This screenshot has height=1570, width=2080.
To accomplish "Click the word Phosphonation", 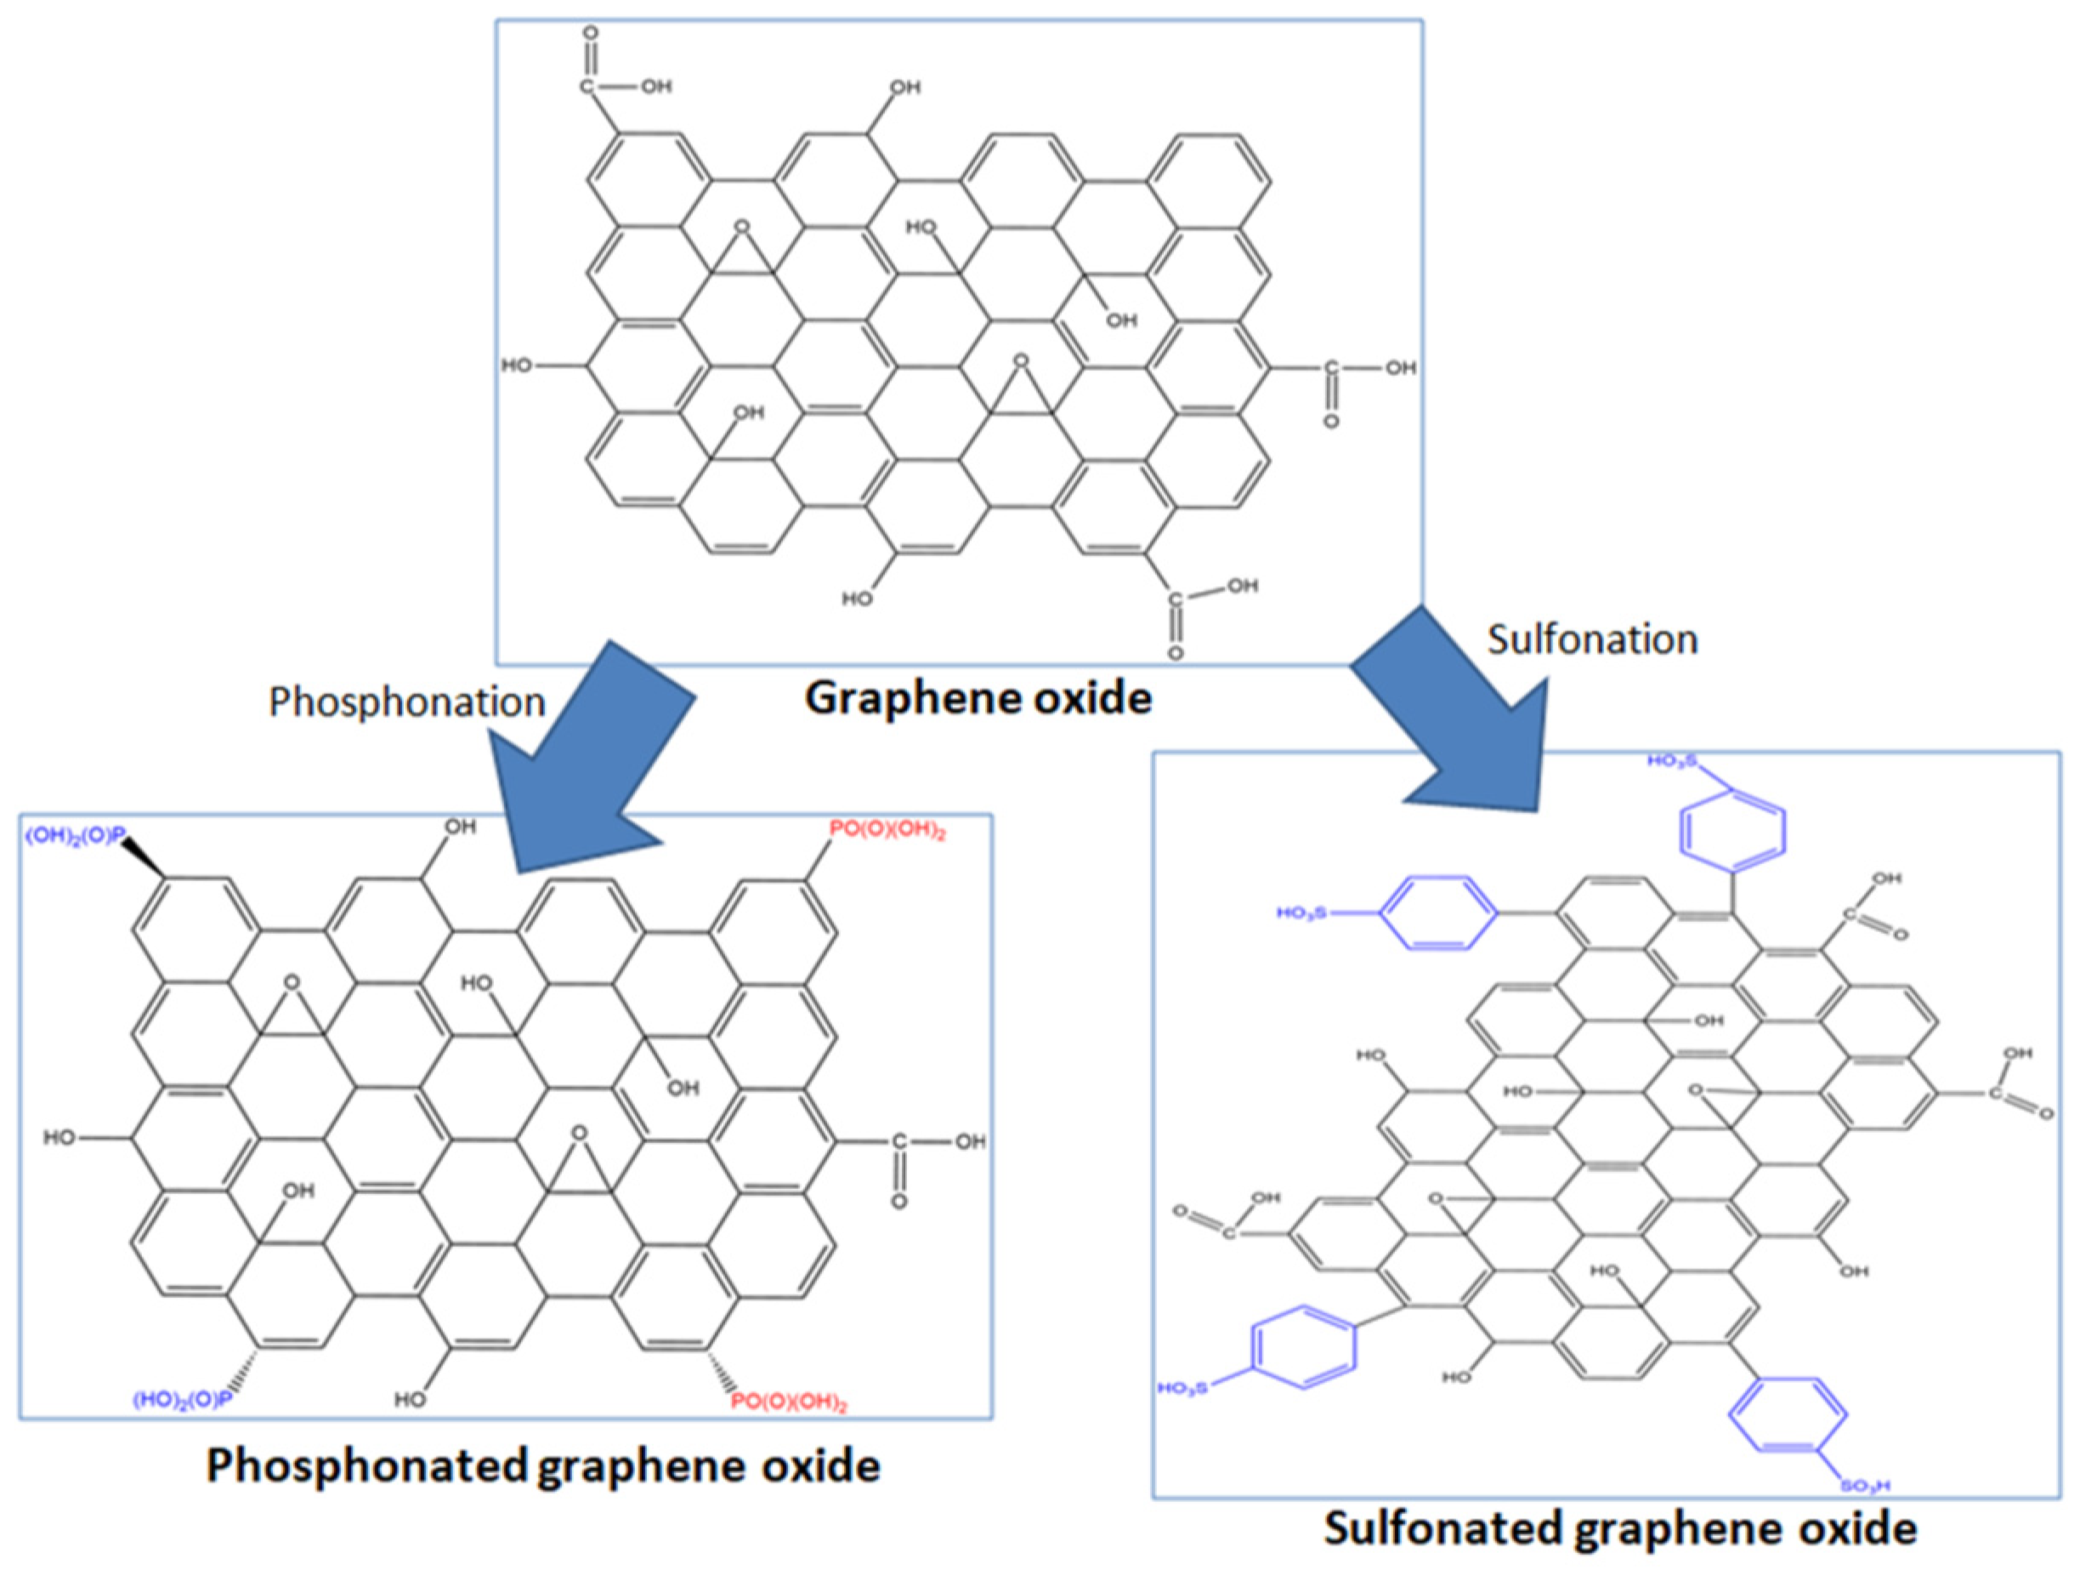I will tap(406, 703).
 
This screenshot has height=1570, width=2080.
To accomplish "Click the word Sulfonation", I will tap(1592, 640).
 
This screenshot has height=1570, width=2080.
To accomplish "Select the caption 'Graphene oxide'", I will tap(978, 699).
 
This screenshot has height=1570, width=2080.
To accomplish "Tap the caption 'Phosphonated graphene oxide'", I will tap(542, 1465).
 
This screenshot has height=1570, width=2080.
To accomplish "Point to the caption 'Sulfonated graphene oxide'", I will tap(1619, 1527).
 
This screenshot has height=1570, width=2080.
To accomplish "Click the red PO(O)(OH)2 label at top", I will tap(887, 831).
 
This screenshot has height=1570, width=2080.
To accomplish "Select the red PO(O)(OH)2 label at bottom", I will tap(789, 1403).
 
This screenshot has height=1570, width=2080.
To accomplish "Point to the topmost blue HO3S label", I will tap(1670, 760).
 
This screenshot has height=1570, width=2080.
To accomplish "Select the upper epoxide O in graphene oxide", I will tap(743, 227).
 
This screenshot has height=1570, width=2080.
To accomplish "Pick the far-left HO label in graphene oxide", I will tap(516, 365).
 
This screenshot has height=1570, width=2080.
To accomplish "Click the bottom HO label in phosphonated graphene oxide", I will tap(410, 1400).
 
